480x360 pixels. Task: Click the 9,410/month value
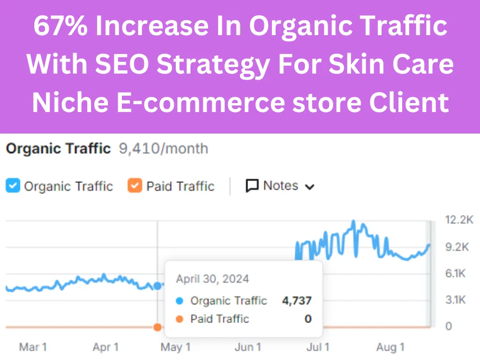(164, 149)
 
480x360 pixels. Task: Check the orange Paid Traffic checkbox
(135, 186)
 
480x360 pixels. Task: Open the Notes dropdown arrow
(309, 187)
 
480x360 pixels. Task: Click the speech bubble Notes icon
(252, 186)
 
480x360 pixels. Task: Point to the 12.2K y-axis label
(458, 220)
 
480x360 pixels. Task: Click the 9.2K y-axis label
(457, 247)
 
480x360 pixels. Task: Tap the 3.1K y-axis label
(456, 300)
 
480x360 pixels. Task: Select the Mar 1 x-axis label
(32, 347)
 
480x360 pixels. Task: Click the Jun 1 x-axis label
(247, 347)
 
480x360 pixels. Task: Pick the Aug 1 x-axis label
(390, 347)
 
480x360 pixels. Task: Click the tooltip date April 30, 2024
(212, 279)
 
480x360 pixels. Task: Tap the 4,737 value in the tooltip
(297, 301)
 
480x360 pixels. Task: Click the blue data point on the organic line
(157, 285)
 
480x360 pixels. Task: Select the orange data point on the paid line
(157, 327)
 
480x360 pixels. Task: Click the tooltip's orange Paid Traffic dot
(180, 319)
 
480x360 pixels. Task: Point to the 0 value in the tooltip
(308, 319)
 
